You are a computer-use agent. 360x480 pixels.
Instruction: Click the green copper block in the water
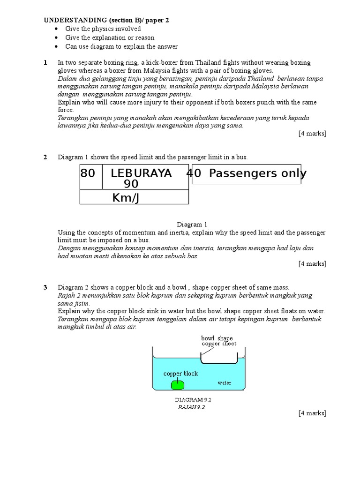point(178,385)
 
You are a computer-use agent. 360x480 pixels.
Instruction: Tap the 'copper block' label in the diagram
point(180,374)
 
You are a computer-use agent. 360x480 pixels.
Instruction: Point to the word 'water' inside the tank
point(225,382)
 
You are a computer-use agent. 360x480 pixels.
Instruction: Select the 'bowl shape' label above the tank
point(217,338)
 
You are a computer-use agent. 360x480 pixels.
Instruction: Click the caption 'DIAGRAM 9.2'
point(190,400)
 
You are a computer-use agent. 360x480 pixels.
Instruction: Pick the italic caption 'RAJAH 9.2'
point(191,407)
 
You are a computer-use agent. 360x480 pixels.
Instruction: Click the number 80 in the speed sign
point(88,173)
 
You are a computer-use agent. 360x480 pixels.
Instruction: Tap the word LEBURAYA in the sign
point(141,173)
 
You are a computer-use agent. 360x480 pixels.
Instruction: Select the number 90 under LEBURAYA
point(131,184)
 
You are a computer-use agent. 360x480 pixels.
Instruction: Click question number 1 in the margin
point(45,62)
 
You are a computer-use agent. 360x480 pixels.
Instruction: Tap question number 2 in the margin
point(45,157)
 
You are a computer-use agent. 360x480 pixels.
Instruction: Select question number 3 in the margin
point(45,287)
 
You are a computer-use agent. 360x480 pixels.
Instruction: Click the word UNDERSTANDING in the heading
point(75,20)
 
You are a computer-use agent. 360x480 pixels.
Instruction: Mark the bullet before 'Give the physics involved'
point(56,29)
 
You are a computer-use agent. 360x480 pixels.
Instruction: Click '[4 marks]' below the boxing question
point(312,134)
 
